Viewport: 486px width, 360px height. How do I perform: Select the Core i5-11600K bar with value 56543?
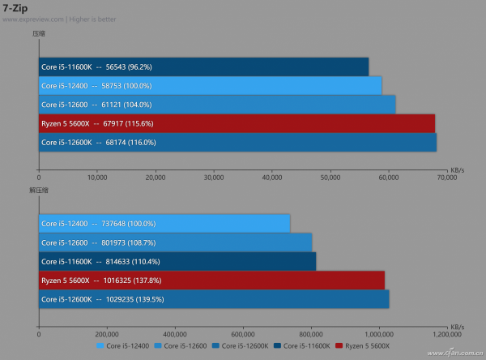pos(203,66)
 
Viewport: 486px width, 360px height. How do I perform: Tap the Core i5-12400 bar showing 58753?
pos(210,85)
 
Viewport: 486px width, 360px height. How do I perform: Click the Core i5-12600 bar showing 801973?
pos(175,242)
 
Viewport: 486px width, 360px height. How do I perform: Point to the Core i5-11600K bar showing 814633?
pos(177,261)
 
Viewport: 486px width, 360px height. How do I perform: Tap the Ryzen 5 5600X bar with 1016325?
pos(211,280)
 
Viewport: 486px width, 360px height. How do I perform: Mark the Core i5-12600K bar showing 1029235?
pos(214,299)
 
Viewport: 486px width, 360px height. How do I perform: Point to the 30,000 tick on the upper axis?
pos(214,176)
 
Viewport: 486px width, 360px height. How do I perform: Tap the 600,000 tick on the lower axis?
pos(244,333)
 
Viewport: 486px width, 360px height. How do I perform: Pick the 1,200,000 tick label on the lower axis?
pos(446,333)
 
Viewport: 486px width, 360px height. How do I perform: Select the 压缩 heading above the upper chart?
pos(39,33)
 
